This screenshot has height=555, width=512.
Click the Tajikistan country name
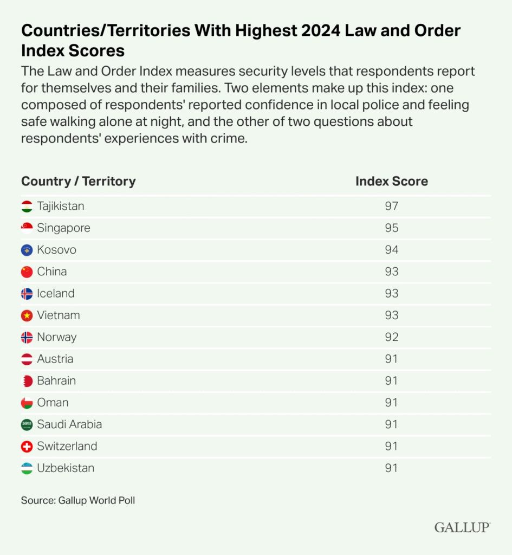click(x=61, y=206)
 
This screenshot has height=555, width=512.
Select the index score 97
click(x=391, y=206)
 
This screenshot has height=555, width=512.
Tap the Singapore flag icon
click(x=27, y=228)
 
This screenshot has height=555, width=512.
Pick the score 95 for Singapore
click(x=391, y=228)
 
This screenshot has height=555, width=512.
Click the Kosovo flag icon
click(x=27, y=250)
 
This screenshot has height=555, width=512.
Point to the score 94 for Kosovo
click(x=391, y=250)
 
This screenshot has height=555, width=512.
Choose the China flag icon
click(x=27, y=272)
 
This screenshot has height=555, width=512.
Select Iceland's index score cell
click(x=391, y=294)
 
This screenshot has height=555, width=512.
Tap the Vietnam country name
click(x=59, y=315)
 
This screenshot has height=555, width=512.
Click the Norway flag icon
click(x=27, y=337)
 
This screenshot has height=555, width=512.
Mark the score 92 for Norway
click(x=391, y=337)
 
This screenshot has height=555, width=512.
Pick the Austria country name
click(x=55, y=359)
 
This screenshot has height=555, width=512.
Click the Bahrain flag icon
click(x=27, y=381)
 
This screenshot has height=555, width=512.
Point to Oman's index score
click(x=391, y=403)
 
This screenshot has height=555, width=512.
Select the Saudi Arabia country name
click(x=69, y=424)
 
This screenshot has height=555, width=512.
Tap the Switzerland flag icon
click(x=27, y=447)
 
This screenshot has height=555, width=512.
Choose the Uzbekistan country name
click(x=66, y=468)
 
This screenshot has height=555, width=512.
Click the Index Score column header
click(x=391, y=181)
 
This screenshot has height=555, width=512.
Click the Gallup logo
click(x=462, y=527)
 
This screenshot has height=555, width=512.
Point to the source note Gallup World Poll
click(x=78, y=500)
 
